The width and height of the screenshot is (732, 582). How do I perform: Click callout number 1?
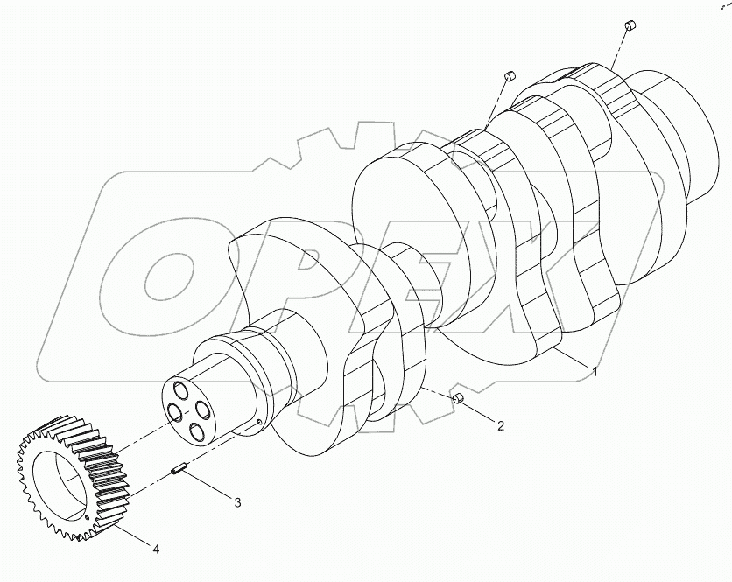pos(595,372)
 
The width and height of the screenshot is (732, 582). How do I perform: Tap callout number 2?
pos(500,427)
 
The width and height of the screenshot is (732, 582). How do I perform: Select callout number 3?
pos(236,501)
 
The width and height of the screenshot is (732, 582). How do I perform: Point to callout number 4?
pos(156,550)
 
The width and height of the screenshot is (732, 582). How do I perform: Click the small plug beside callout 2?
pos(457,400)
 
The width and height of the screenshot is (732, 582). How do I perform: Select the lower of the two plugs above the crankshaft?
pos(508,77)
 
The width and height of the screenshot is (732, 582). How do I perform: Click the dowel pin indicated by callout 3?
pos(178,472)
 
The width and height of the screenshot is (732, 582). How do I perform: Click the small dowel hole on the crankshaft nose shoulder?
pos(261,425)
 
